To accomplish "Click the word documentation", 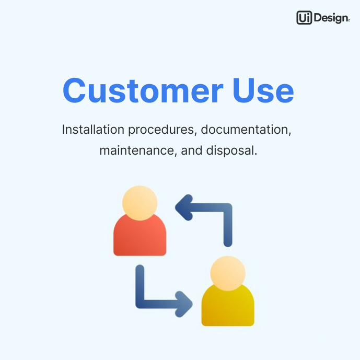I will click(246, 130).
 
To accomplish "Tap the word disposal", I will click(230, 150).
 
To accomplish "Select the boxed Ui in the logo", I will click(304, 18).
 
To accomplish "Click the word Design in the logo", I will click(331, 18).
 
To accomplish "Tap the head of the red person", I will click(140, 203).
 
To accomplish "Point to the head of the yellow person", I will click(228, 273).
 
